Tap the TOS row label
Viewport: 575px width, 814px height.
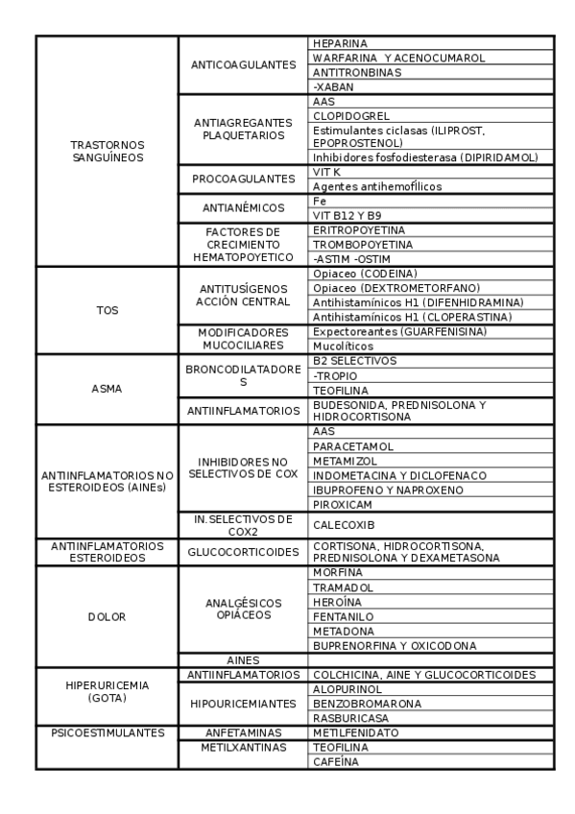108,310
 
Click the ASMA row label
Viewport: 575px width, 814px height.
108,390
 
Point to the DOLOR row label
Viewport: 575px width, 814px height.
108,616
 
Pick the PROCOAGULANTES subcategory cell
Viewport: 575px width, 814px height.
243,180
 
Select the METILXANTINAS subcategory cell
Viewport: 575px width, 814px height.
243,746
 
